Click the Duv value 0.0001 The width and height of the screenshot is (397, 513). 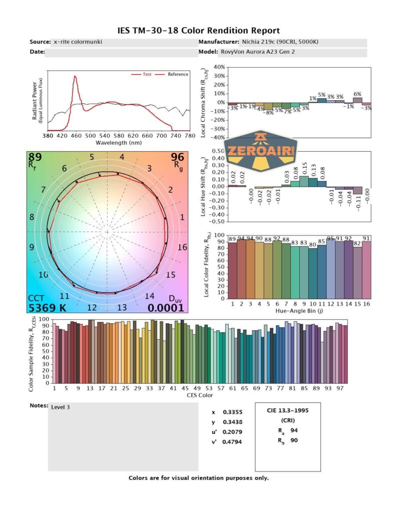click(x=165, y=308)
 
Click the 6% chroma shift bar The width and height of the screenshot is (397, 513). click(x=357, y=100)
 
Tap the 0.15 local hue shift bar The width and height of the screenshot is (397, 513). click(x=303, y=181)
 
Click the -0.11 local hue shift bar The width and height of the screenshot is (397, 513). click(x=357, y=190)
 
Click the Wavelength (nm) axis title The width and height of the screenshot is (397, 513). click(x=118, y=142)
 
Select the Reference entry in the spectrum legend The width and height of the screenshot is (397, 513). click(x=178, y=74)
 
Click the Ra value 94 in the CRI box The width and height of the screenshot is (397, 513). click(x=294, y=430)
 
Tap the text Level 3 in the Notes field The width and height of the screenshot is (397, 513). click(x=61, y=407)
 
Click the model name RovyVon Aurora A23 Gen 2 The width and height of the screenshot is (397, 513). click(x=257, y=52)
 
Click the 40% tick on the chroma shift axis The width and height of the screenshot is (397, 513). click(x=219, y=67)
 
